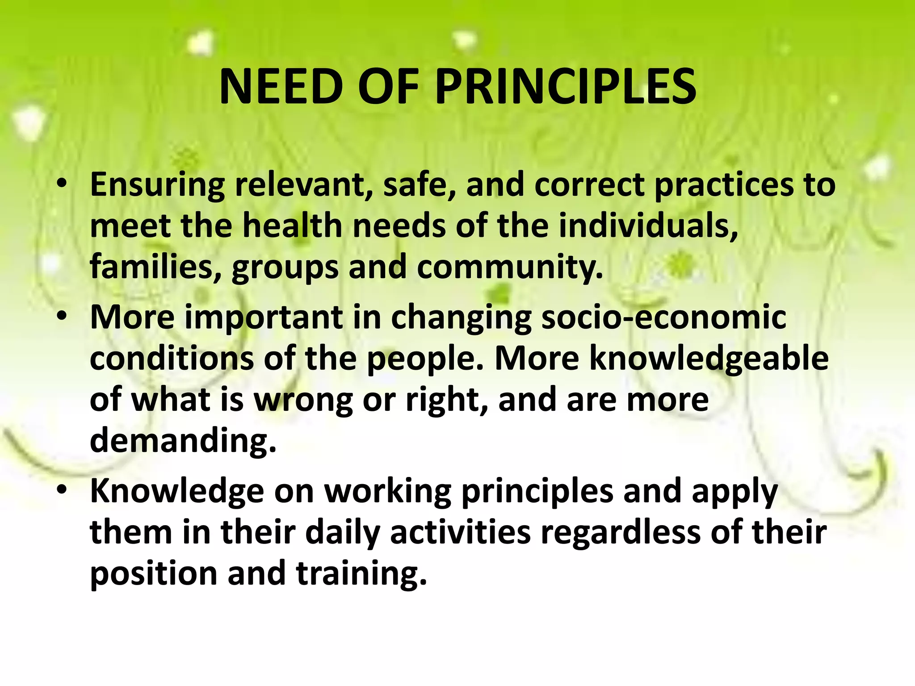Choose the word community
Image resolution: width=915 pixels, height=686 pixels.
coord(510,267)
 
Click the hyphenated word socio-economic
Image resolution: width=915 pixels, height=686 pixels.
coord(663,317)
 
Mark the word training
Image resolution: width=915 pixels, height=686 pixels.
coord(362,573)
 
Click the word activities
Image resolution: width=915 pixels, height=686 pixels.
coord(461,532)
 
